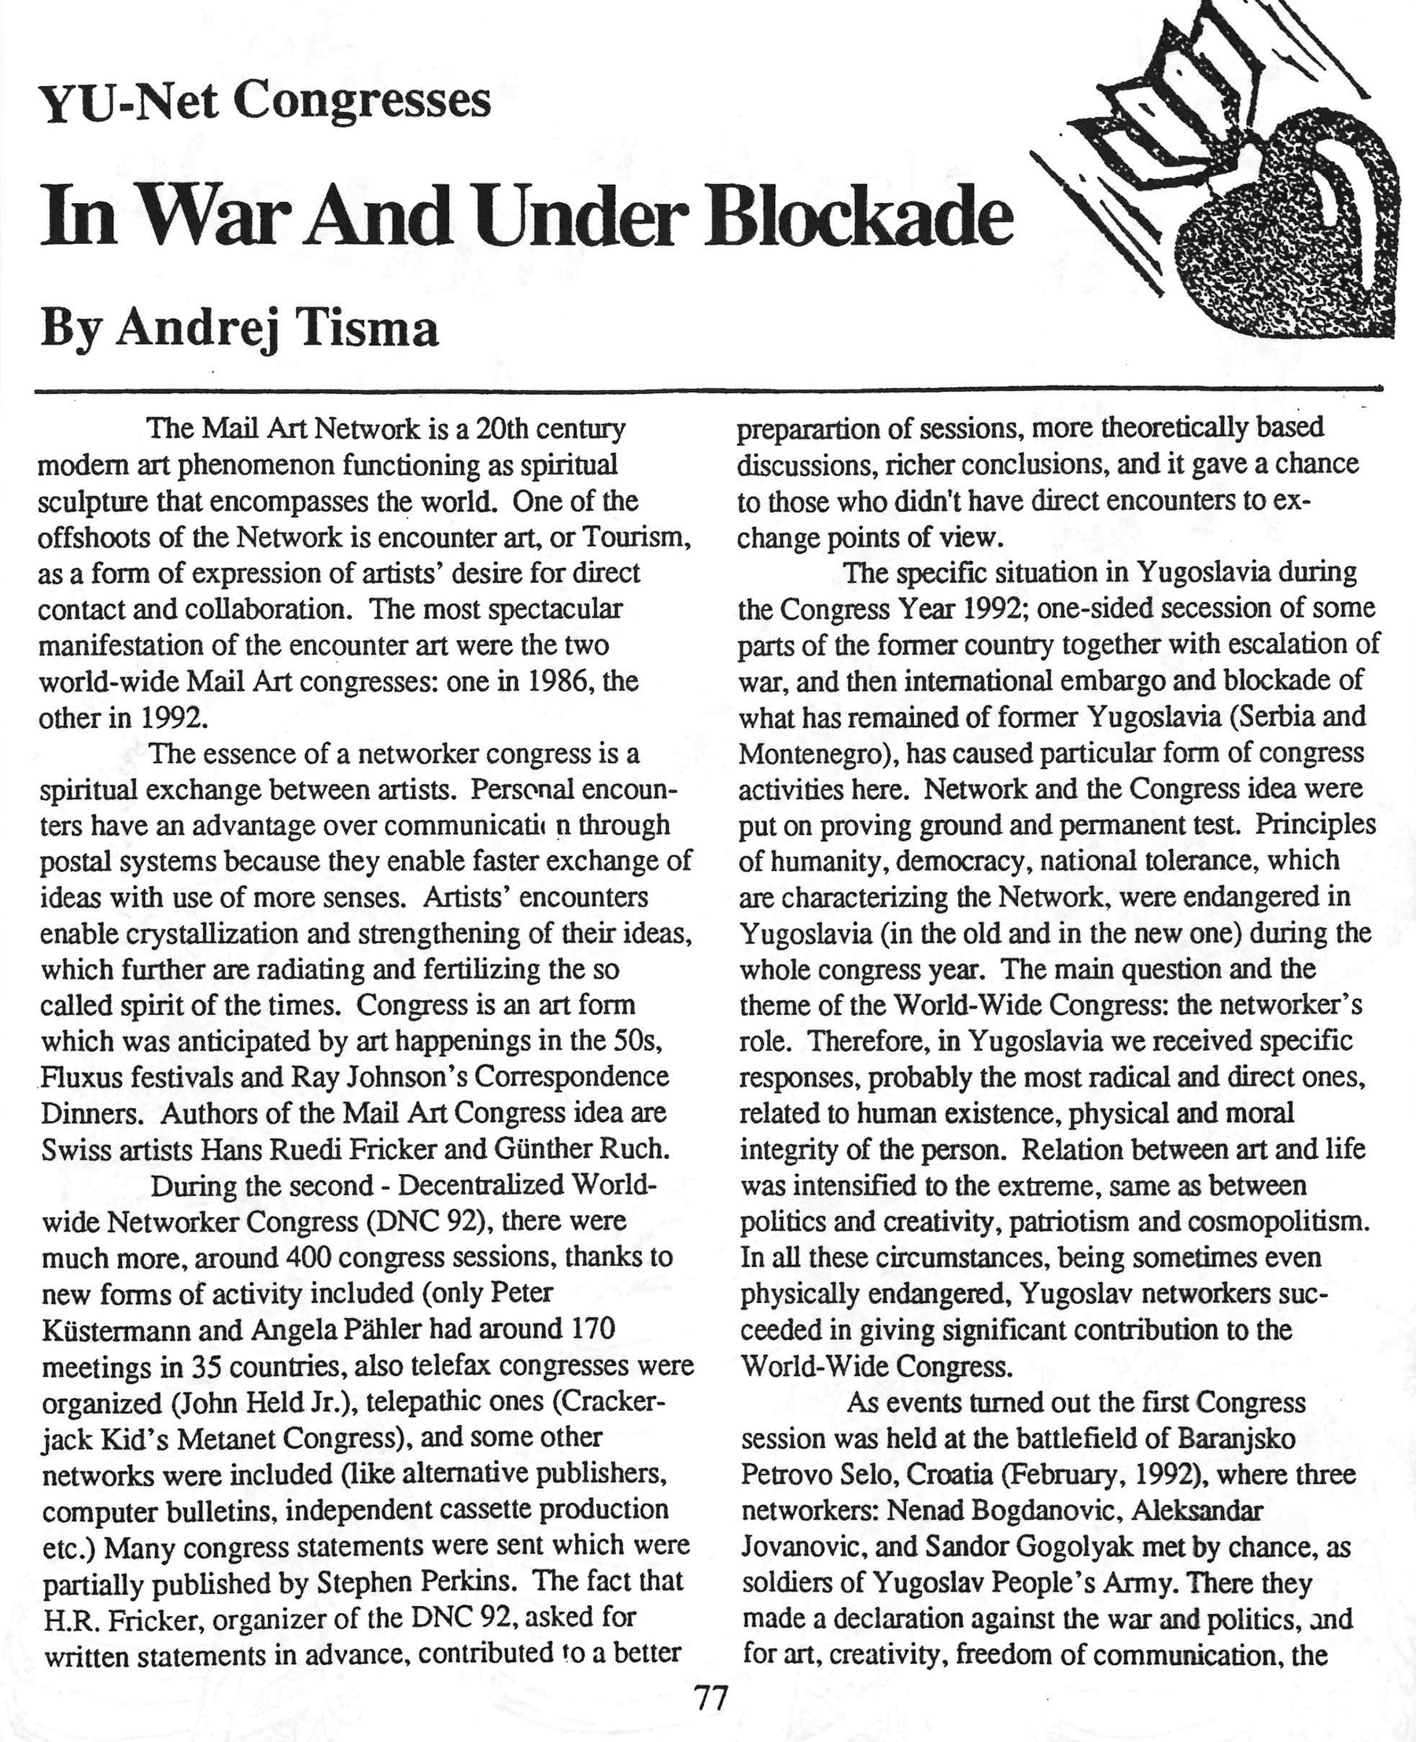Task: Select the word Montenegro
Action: [x=816, y=753]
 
